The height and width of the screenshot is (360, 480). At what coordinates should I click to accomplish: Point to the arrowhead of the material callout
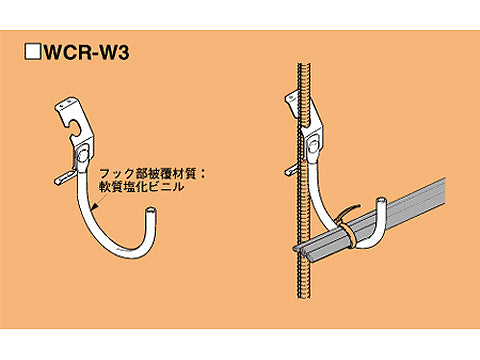91,206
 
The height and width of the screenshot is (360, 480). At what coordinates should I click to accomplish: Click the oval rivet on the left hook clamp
78,155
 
